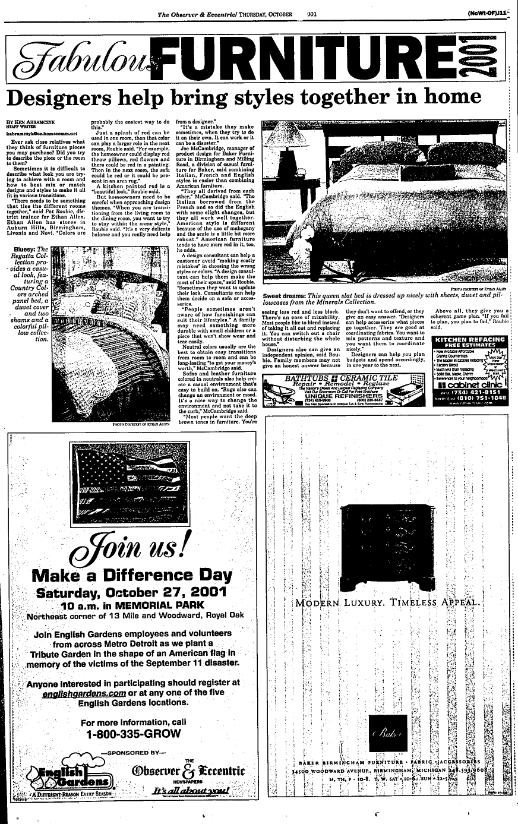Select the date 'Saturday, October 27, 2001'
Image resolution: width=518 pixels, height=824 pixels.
pyautogui.click(x=131, y=592)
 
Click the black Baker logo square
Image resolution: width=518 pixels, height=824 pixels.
pyautogui.click(x=388, y=732)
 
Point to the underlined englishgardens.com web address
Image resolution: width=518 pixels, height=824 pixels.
pyautogui.click(x=83, y=693)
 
